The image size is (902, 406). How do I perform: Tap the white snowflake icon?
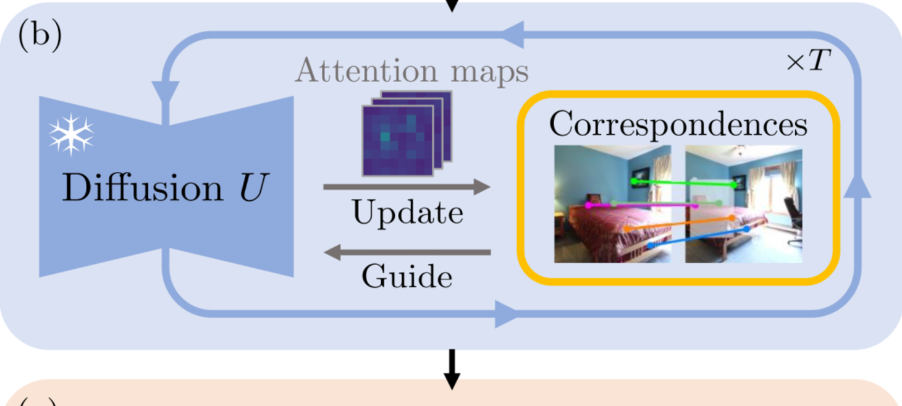[71, 134]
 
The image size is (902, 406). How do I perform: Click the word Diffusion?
[141, 188]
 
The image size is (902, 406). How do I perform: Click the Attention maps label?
[411, 71]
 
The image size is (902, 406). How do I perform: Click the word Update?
[407, 213]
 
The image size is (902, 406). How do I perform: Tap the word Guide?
[407, 276]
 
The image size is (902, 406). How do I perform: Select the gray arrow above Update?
[407, 186]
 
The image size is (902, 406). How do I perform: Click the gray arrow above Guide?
[407, 252]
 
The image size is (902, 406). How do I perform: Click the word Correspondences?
[678, 124]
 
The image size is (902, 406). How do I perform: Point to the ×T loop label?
[809, 62]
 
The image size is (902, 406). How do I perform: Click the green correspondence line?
[683, 183]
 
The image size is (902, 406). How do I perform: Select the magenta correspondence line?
[643, 205]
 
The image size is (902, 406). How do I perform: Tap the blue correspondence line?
[698, 237]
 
